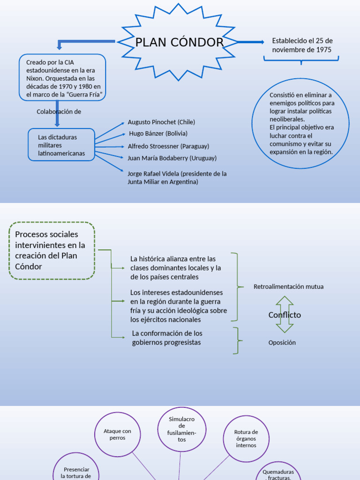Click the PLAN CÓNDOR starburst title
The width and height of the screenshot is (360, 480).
click(x=179, y=43)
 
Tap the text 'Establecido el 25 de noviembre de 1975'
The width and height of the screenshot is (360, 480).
click(x=302, y=45)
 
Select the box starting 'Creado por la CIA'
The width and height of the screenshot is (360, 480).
click(x=62, y=77)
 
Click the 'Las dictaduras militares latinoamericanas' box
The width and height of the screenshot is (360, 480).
click(x=61, y=145)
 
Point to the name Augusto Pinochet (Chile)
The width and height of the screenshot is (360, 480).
click(x=161, y=122)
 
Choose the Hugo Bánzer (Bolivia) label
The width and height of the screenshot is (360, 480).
click(x=158, y=134)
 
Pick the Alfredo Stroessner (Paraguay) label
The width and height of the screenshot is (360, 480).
click(x=168, y=146)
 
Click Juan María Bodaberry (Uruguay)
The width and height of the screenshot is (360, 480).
click(x=172, y=158)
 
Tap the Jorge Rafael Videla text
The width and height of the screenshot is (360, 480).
click(x=177, y=178)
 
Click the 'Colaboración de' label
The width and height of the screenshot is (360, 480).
click(x=59, y=112)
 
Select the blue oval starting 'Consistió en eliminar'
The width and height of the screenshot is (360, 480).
click(x=300, y=123)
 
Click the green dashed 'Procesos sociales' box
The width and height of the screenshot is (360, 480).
click(x=52, y=250)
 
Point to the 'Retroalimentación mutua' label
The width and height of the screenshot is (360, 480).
click(x=288, y=286)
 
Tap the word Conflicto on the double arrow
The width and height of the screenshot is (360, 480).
click(x=285, y=315)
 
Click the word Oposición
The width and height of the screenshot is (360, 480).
click(x=282, y=343)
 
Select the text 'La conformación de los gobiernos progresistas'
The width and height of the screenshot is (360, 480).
click(x=167, y=338)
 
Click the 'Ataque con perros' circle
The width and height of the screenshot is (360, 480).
click(x=117, y=435)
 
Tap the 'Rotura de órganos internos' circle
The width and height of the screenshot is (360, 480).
click(x=246, y=439)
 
